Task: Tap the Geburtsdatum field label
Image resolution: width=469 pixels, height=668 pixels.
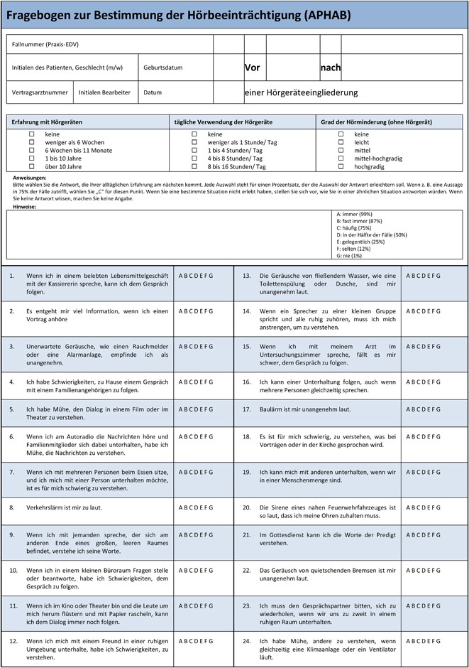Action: [163, 68]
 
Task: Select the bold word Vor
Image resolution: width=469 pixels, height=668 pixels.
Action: [253, 68]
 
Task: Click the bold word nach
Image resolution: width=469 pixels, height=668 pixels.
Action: [331, 68]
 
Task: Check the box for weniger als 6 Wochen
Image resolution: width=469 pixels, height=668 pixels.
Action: [31, 142]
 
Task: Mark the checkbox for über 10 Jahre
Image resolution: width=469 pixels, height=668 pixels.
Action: [31, 167]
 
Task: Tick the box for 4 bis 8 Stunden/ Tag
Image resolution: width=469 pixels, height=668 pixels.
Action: [194, 158]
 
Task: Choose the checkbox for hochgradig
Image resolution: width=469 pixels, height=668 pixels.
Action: [341, 167]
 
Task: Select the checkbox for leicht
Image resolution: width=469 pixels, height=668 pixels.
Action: [341, 142]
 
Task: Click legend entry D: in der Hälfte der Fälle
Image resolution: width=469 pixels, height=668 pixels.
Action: [372, 234]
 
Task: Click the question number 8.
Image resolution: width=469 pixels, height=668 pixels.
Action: [12, 507]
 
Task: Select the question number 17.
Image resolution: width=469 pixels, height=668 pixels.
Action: [247, 409]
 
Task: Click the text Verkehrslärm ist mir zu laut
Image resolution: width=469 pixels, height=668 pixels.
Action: [65, 507]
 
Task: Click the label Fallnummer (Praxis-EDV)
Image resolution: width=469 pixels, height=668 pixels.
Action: [45, 45]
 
